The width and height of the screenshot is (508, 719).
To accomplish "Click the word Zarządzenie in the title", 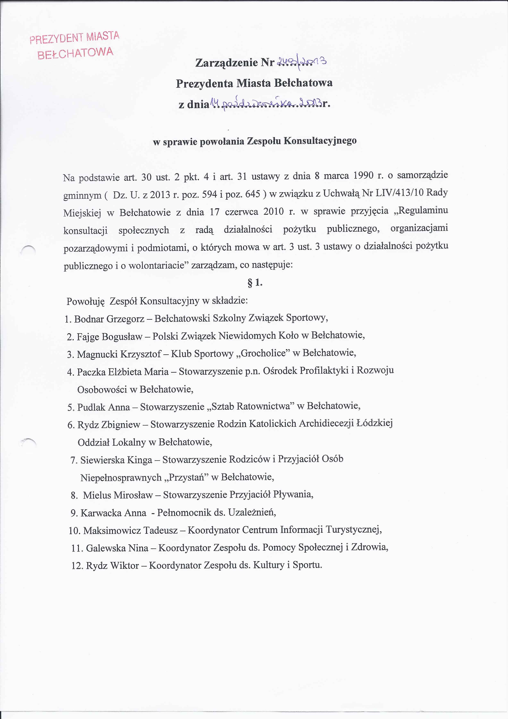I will pos(227,63).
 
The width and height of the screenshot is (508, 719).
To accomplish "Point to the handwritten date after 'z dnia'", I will pos(266,103).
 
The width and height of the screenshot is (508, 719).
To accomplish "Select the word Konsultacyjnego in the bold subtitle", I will pos(320,141).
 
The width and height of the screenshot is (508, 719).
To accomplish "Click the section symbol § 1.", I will pos(255,283).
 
